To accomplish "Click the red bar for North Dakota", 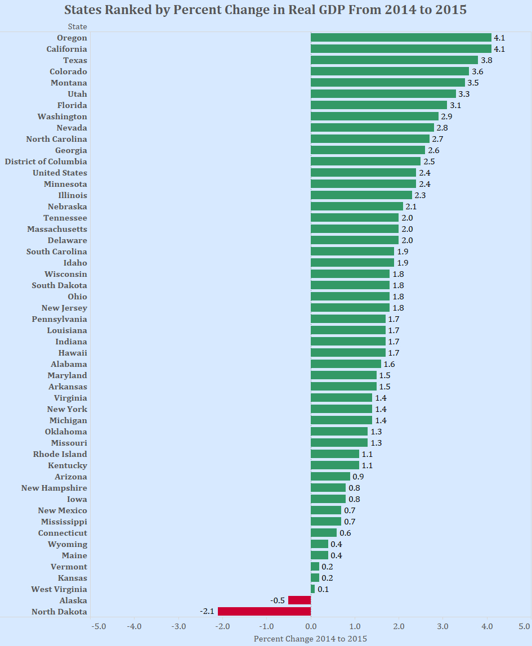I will coord(264,612).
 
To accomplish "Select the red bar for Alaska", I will coord(299,600).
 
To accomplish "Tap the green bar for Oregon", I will coord(401,38).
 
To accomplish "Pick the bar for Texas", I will coord(394,60).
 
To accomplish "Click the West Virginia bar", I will coord(313,589).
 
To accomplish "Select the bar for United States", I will coord(363,173).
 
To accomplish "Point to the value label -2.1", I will coord(207,612).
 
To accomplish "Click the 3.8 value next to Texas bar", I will coord(486,60).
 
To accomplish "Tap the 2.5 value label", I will coord(429,161).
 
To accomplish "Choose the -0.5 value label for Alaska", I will coord(277,600).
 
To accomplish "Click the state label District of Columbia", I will coord(46,161).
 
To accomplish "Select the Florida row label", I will coord(72,105).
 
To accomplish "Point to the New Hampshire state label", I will coord(54,488).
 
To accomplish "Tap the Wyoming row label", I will coord(68,544).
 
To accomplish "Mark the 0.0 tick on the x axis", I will coord(311,626).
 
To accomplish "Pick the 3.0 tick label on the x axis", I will coord(443,626).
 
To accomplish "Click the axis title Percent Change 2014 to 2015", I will coord(310,639).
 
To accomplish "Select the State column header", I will coord(77,26).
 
